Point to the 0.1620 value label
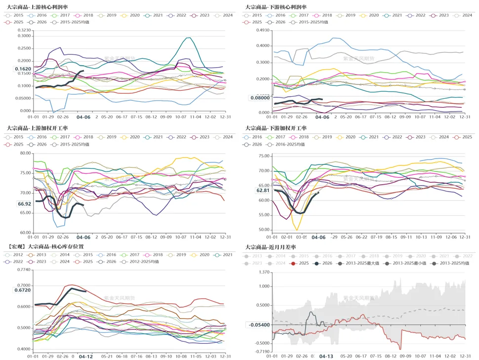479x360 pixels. click(23, 69)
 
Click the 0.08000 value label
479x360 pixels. click(260, 98)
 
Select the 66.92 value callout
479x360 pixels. click(25, 203)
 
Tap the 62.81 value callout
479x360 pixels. click(263, 190)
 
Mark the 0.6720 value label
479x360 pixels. click(23, 290)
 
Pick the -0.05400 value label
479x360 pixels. click(260, 324)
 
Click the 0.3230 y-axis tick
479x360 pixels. click(24, 30)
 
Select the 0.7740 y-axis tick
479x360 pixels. click(24, 270)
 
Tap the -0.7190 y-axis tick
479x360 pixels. click(261, 351)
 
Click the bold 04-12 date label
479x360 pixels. click(86, 356)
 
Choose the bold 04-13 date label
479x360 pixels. click(326, 356)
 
